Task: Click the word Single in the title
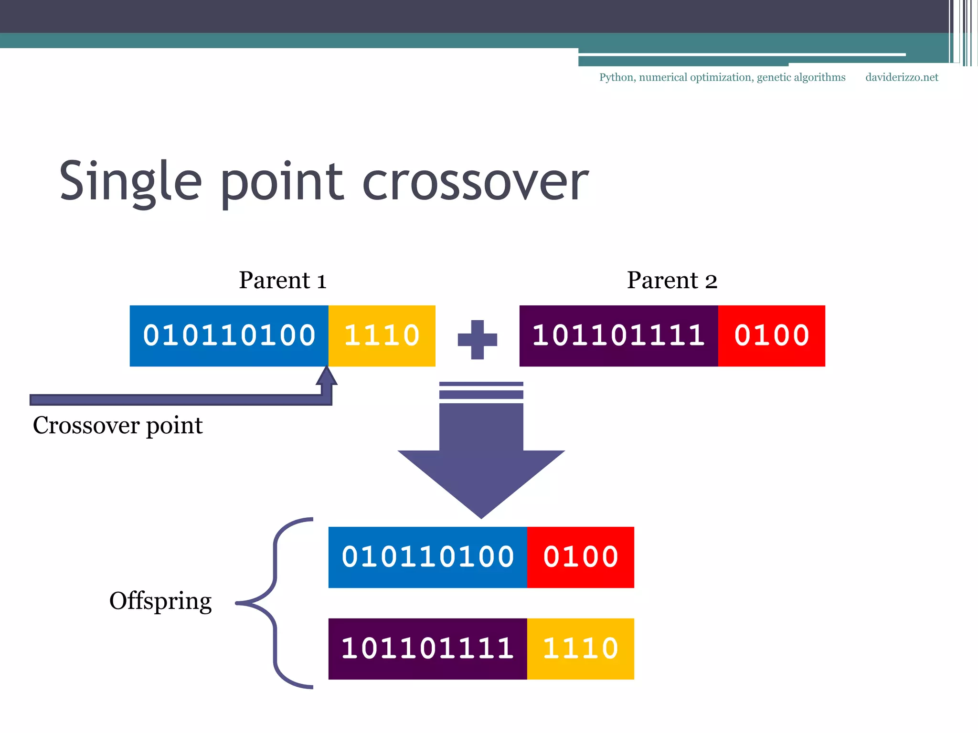130,181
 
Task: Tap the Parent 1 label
283,280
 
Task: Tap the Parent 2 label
672,280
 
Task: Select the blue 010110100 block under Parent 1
229,336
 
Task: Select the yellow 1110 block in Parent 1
382,336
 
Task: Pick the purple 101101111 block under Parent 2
618,336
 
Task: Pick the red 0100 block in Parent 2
772,336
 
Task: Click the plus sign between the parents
477,340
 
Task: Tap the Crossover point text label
117,425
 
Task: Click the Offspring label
160,601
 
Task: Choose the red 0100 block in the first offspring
581,557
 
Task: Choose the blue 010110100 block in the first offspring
428,557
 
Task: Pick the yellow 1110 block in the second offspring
581,649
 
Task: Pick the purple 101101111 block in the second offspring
428,649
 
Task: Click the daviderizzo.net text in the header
902,77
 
